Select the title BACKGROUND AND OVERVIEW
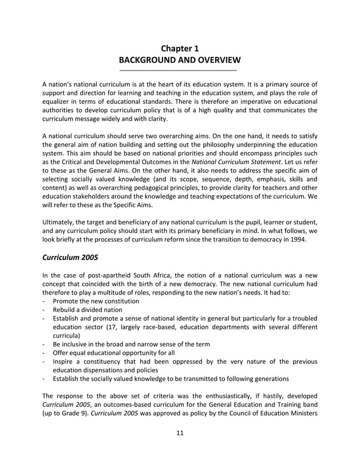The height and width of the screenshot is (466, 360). coord(179,60)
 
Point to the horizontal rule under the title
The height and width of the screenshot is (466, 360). coord(179,70)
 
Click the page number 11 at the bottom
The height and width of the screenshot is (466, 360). coord(179,433)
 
